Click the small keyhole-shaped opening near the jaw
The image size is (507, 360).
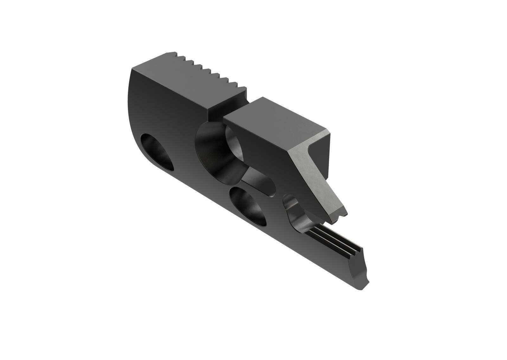pyautogui.click(x=292, y=205)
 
